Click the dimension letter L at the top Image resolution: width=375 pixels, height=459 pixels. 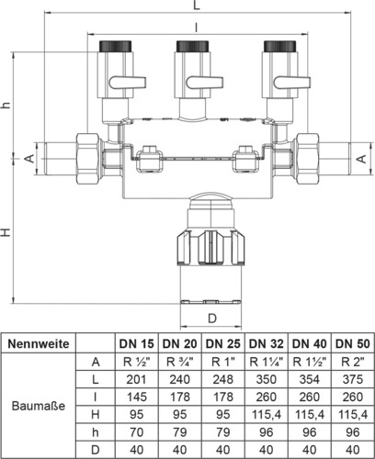197,6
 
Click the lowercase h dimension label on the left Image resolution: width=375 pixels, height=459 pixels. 6,105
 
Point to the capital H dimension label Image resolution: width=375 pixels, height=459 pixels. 6,232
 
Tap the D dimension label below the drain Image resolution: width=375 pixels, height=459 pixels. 212,319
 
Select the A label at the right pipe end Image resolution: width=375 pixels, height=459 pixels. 362,159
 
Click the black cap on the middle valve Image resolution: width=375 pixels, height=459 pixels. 193,46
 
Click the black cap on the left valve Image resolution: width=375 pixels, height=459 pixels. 116,46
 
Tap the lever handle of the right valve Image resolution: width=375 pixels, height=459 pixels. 292,83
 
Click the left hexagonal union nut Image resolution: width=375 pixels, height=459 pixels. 89,158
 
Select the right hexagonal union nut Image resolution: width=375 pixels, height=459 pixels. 305,158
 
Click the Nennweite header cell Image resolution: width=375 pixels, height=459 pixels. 39,343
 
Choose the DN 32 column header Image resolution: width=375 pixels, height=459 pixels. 267,343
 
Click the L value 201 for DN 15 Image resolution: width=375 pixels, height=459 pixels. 137,379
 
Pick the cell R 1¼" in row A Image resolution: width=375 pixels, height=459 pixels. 267,362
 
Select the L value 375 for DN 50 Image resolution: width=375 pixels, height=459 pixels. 353,379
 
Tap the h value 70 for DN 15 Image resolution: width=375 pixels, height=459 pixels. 137,432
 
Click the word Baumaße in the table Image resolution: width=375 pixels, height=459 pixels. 39,406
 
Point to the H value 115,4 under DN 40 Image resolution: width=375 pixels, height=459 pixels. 310,415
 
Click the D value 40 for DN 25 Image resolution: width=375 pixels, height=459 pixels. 223,450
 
